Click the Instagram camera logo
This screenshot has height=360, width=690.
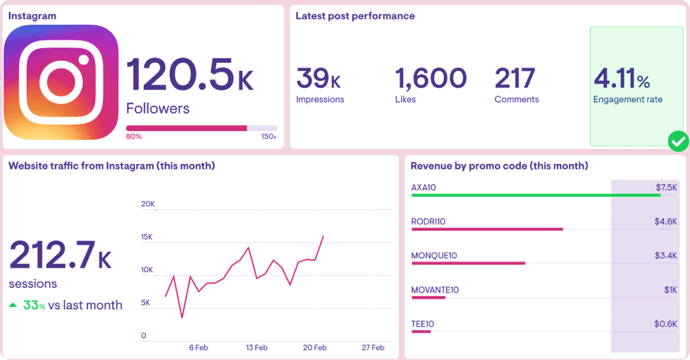[x=61, y=82]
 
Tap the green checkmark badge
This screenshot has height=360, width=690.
[x=678, y=142]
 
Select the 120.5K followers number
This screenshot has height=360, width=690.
[x=189, y=74]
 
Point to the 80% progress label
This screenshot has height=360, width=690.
[x=133, y=137]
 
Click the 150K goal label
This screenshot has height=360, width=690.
[x=269, y=137]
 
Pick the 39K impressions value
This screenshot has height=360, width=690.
[x=318, y=78]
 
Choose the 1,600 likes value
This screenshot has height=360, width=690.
[x=431, y=78]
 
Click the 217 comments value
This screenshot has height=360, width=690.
[x=514, y=78]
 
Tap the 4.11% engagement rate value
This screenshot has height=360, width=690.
[x=622, y=79]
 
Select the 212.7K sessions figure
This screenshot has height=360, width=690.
[x=61, y=255]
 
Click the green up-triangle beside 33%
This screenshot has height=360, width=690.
[x=13, y=306]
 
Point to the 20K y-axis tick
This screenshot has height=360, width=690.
[x=148, y=205]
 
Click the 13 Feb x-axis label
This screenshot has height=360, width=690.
[x=257, y=348]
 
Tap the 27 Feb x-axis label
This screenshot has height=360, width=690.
[x=373, y=348]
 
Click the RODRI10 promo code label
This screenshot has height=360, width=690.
[x=428, y=221]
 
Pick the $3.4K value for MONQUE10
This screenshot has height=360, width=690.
[x=666, y=256]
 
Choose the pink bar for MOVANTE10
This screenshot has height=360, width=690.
[x=428, y=298]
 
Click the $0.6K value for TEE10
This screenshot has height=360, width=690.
[x=666, y=324]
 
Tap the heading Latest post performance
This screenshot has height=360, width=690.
[x=355, y=16]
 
